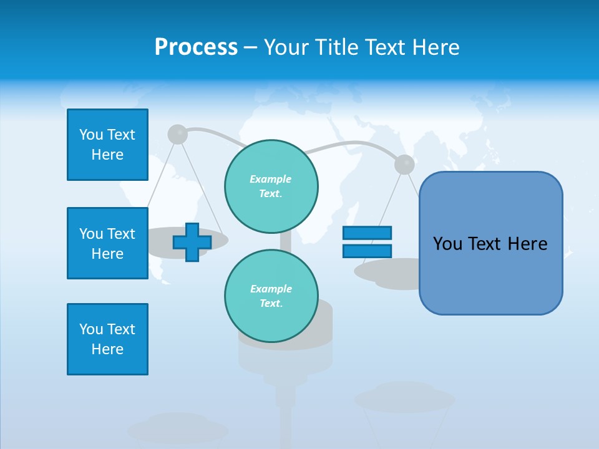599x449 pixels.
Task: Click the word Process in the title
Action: [196, 47]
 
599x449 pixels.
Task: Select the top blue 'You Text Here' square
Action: [107, 145]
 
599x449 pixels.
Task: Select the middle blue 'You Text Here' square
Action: [107, 243]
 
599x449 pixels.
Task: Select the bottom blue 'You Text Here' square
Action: [107, 339]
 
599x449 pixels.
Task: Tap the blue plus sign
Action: [192, 242]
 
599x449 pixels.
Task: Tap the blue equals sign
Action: [367, 242]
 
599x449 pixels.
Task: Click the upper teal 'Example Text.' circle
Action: [271, 186]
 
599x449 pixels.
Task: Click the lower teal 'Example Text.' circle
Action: [271, 296]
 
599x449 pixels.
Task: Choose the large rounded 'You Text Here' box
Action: [490, 243]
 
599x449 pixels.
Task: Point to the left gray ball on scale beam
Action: [178, 134]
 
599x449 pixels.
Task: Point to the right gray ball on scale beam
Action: [404, 164]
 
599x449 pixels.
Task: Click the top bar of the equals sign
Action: [367, 233]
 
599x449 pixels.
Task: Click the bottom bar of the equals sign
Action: [367, 251]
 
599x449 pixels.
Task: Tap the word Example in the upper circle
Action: [271, 179]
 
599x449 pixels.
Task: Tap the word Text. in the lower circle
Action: [271, 303]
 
